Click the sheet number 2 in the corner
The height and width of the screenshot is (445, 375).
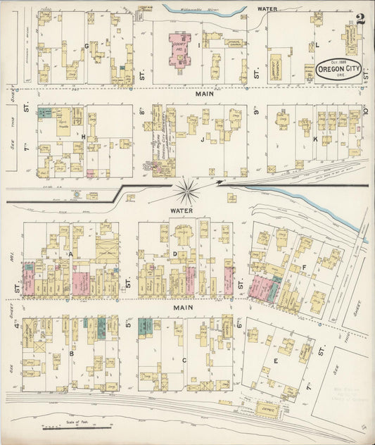(360, 19)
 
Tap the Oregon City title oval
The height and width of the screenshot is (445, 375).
(339, 70)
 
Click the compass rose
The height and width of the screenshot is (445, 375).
(188, 188)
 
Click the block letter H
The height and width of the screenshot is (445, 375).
(83, 136)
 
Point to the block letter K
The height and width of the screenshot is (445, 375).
(315, 139)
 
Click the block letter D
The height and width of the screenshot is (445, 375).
(174, 253)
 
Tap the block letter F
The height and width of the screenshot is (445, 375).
(303, 268)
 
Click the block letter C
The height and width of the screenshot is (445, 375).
(184, 360)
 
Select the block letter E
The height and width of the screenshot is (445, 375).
(276, 361)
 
